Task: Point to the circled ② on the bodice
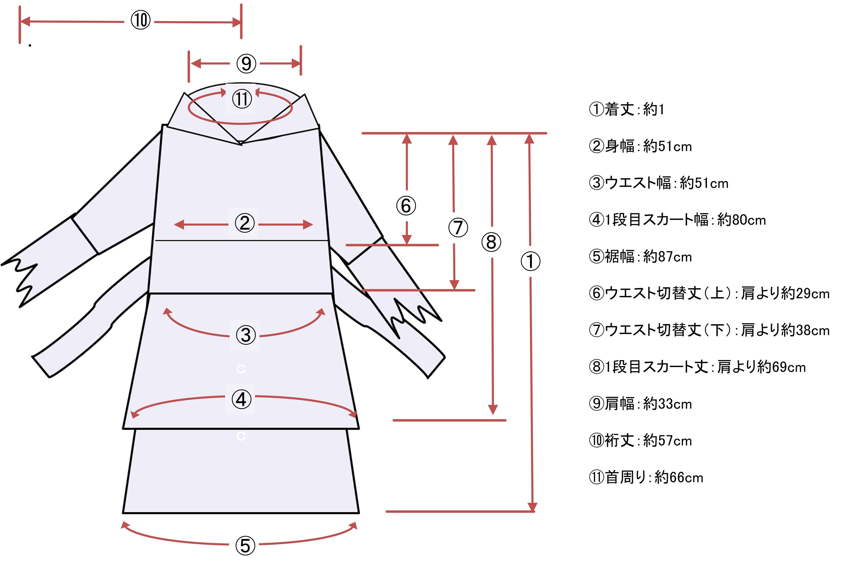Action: [244, 223]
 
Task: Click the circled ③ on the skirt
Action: [245, 335]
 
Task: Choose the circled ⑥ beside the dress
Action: [406, 206]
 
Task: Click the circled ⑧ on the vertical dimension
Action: [491, 242]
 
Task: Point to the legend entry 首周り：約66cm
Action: [646, 478]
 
